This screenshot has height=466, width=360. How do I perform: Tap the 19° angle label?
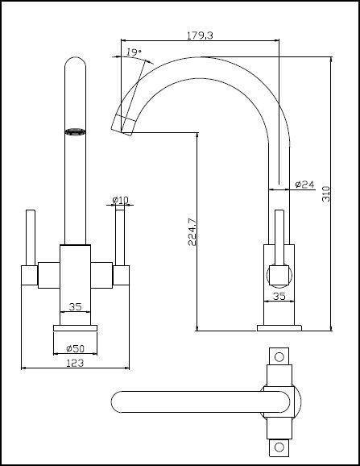pos(134,53)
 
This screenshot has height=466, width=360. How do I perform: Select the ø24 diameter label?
pos(304,184)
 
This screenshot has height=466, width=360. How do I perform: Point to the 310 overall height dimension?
pos(325,193)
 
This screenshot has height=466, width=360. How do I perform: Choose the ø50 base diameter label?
pos(74,347)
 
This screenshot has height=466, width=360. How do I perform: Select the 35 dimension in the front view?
pos(75,306)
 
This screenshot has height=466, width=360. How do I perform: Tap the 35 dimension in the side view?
pos(280,297)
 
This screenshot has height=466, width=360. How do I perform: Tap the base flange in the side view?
pos(279,327)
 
